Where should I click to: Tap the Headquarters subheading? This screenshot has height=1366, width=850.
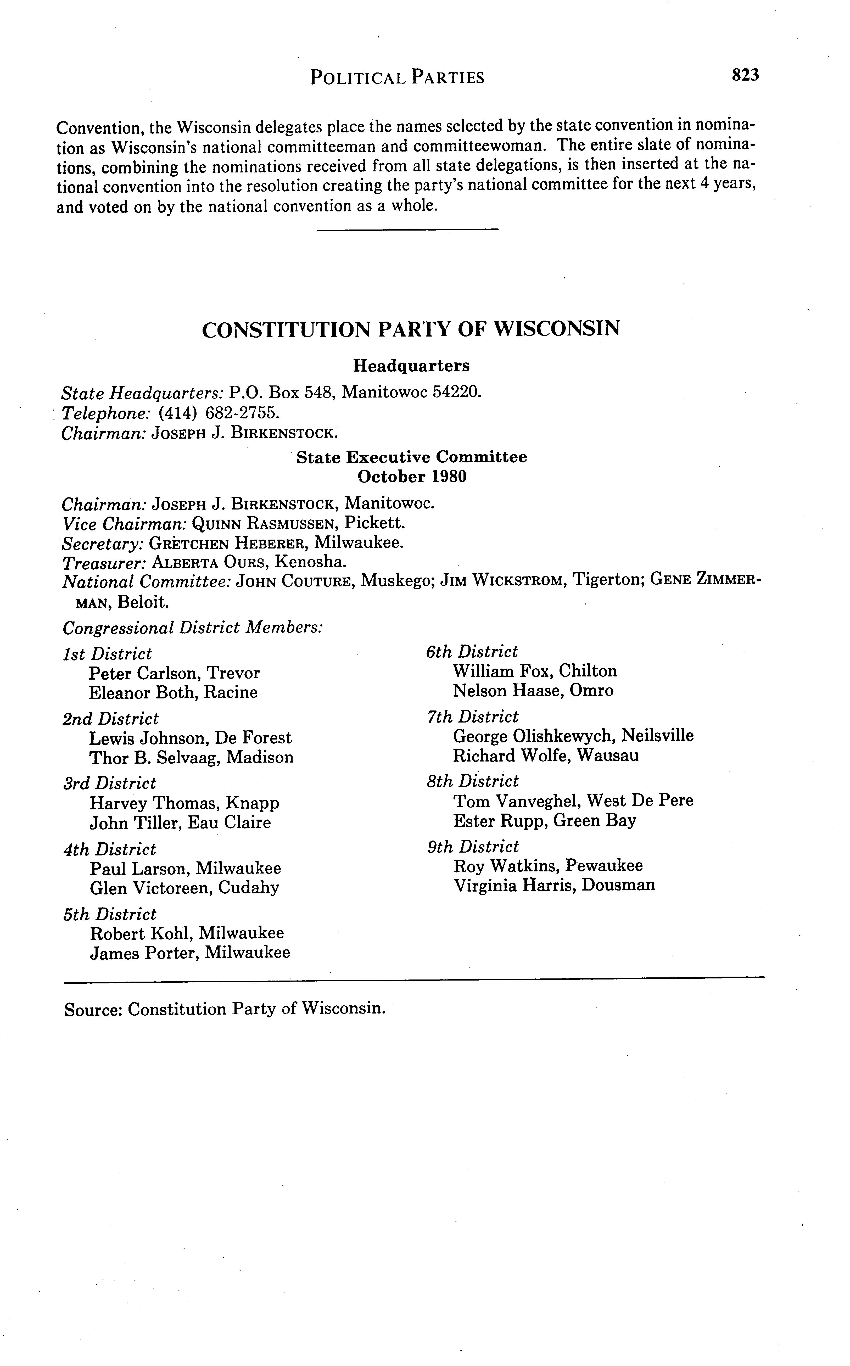(411, 366)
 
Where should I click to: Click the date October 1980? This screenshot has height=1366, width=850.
(412, 477)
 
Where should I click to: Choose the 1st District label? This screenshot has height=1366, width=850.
(107, 654)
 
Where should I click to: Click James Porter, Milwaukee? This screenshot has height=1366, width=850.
(190, 953)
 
